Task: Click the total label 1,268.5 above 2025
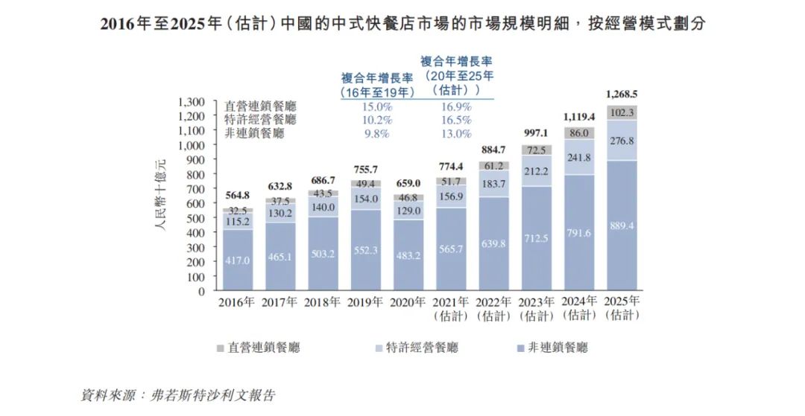(x=621, y=95)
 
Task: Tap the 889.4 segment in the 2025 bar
(x=621, y=225)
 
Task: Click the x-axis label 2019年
(x=364, y=302)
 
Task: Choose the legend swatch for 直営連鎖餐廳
(x=220, y=348)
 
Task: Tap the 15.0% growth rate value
(x=377, y=106)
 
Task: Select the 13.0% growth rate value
(x=455, y=134)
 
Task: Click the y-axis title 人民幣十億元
(x=161, y=194)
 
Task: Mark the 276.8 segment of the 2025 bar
(x=621, y=141)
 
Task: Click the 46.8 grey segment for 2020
(x=407, y=197)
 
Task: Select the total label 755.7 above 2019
(x=364, y=169)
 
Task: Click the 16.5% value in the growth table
(x=455, y=120)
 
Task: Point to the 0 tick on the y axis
(x=201, y=291)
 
